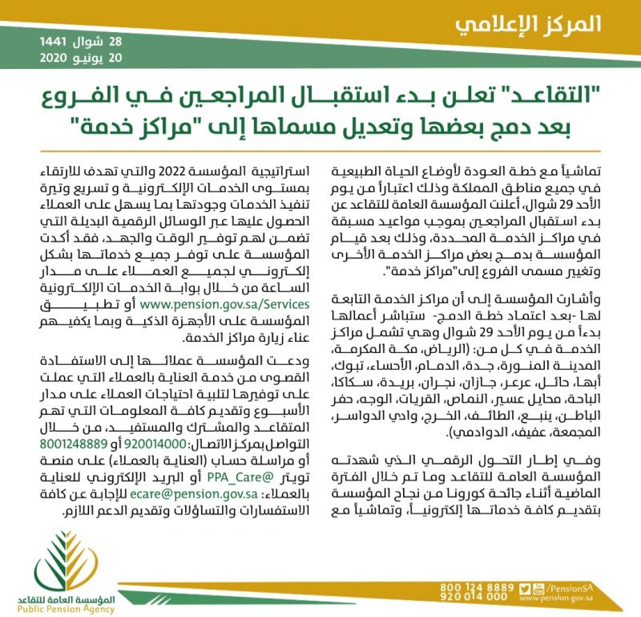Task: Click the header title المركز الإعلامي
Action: tap(528, 23)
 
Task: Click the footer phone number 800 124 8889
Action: tap(477, 587)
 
